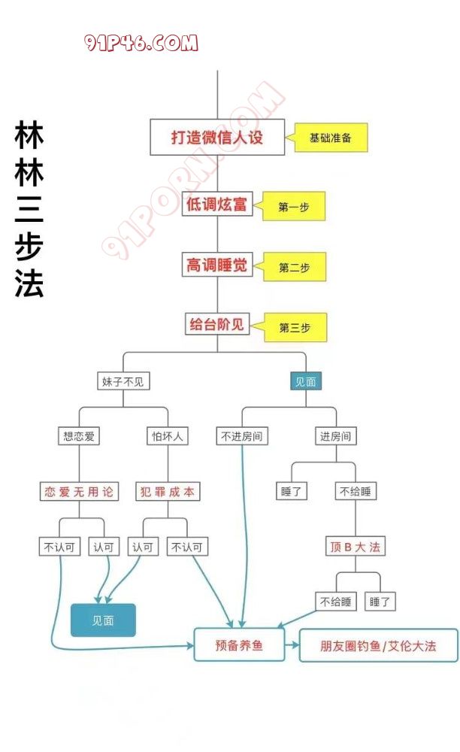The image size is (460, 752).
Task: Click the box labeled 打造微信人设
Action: click(x=217, y=138)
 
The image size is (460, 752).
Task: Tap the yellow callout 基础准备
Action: click(x=331, y=138)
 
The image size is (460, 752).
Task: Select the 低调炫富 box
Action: click(x=216, y=203)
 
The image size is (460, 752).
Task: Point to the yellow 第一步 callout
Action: click(x=295, y=207)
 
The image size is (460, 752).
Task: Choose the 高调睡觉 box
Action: click(x=216, y=265)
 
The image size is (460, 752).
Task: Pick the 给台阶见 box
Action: click(x=216, y=325)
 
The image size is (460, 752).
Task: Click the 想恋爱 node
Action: click(x=80, y=435)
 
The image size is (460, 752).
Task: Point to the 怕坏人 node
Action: click(x=167, y=435)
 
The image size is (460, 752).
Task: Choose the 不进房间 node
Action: click(x=241, y=435)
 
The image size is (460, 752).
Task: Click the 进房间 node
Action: click(x=335, y=435)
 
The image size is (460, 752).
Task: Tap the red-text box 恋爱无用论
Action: click(x=80, y=492)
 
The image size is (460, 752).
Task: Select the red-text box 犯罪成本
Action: click(x=167, y=492)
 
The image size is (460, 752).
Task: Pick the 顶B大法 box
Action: click(x=356, y=547)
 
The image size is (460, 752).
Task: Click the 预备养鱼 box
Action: click(x=239, y=644)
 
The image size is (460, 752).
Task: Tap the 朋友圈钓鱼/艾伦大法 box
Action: click(x=378, y=645)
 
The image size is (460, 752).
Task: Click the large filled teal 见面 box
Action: click(x=103, y=620)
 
